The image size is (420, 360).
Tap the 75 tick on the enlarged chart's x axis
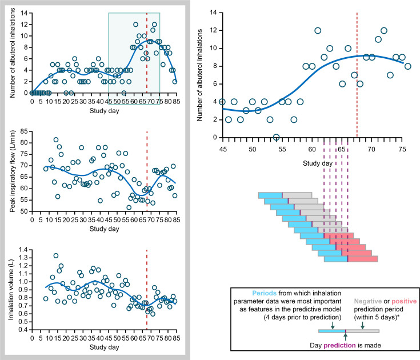(402, 149)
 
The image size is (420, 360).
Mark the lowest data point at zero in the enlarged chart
(277, 137)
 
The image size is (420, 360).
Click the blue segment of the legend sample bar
(331, 331)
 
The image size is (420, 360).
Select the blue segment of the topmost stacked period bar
(270, 195)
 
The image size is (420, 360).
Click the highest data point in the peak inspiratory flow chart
(56, 139)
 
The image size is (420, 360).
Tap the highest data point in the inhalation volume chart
(56, 255)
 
